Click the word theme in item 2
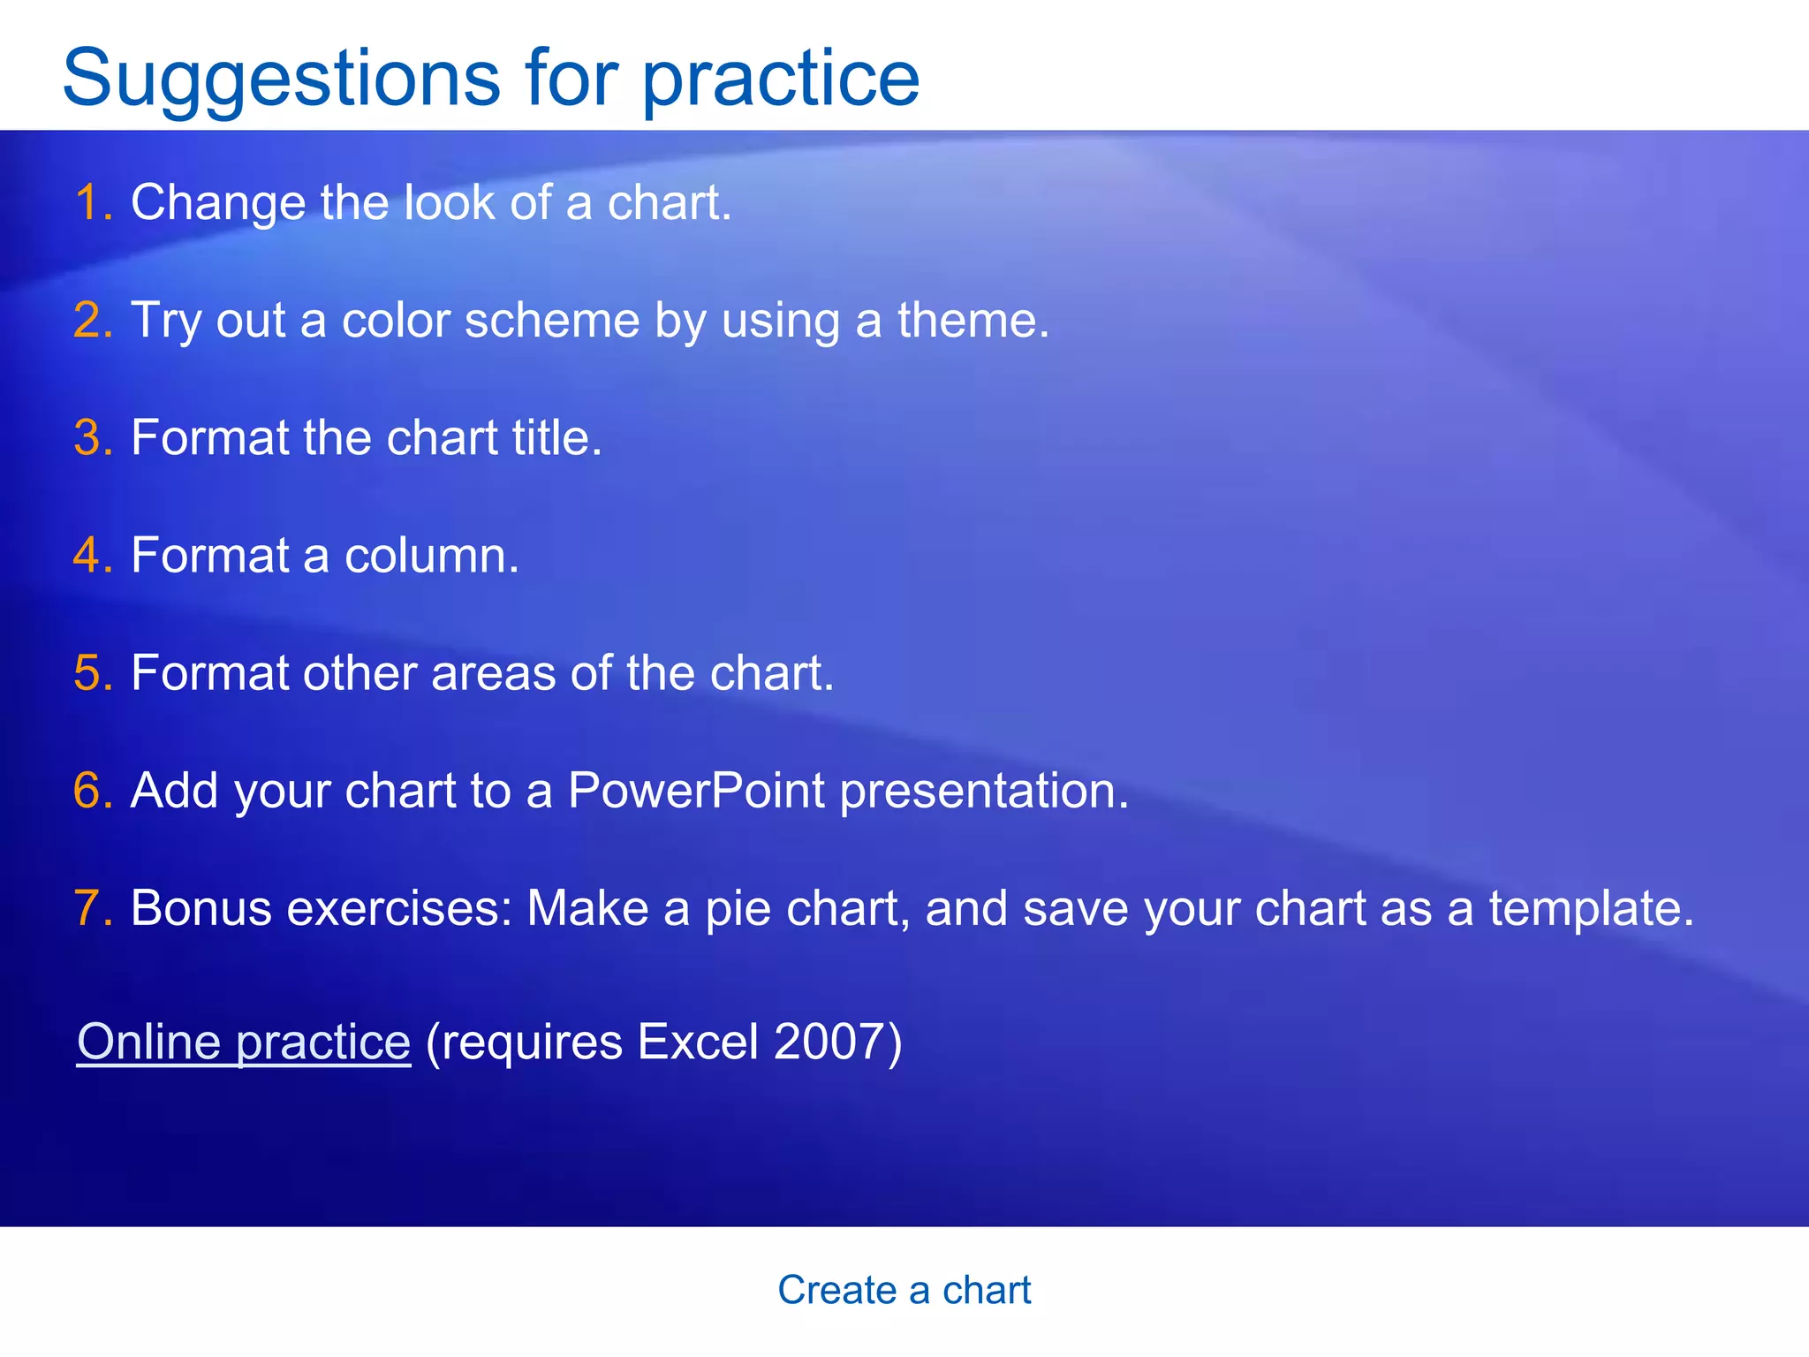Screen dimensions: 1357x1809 click(x=972, y=320)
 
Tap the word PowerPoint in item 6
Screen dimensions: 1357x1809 click(x=696, y=790)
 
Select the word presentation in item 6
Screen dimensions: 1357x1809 click(x=983, y=792)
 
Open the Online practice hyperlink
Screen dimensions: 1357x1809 click(x=244, y=1042)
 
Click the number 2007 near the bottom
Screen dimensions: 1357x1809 click(x=830, y=1042)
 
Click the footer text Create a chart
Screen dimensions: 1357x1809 click(x=904, y=1290)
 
